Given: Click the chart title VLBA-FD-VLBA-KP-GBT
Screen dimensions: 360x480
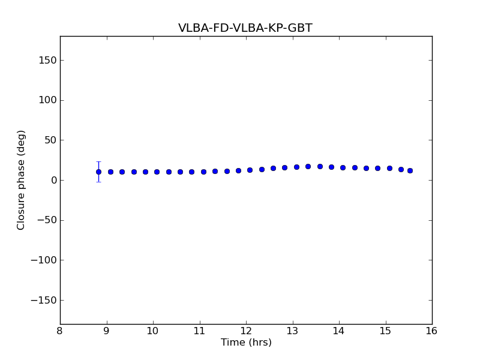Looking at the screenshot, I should tap(245, 28).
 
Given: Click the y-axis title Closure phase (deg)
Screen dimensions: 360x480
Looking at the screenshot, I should tap(22, 180).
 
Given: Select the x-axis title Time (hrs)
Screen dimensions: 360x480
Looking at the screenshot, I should tap(246, 343).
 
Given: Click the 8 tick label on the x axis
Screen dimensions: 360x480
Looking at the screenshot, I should tap(60, 331).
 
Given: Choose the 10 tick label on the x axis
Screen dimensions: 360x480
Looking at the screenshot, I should tap(153, 331).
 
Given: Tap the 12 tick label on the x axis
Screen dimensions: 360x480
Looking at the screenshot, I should tap(246, 331).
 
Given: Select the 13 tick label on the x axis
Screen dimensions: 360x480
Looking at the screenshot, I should tap(292, 331).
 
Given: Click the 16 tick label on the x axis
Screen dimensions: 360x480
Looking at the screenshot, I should tap(431, 331).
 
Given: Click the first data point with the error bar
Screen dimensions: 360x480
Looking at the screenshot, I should tap(98, 172).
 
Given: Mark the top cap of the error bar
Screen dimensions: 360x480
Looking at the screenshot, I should tap(98, 162).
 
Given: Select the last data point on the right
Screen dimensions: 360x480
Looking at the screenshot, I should tap(410, 170).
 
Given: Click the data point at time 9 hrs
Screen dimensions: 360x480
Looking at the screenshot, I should tap(110, 172).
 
